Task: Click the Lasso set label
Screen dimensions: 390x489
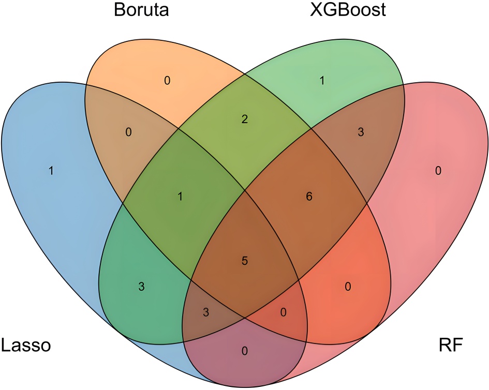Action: click(x=25, y=344)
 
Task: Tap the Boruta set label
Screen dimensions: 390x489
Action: click(x=141, y=10)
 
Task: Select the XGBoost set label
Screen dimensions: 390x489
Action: click(x=347, y=10)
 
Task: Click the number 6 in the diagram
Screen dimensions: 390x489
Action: click(x=309, y=197)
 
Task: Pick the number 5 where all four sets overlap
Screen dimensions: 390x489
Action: click(x=245, y=261)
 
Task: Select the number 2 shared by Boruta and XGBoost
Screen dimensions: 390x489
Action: click(x=245, y=119)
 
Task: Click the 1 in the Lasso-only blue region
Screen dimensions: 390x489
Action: click(x=51, y=171)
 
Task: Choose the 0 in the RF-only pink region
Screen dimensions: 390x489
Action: click(x=438, y=171)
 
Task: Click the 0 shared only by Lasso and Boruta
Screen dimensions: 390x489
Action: click(x=128, y=132)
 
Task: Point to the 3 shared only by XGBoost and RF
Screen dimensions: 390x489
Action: click(x=361, y=132)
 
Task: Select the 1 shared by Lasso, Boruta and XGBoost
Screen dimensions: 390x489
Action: click(x=180, y=197)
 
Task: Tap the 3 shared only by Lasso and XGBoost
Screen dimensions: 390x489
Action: click(x=141, y=286)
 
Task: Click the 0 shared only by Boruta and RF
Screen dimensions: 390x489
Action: click(x=348, y=286)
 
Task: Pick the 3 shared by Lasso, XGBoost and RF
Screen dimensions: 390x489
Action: click(x=206, y=312)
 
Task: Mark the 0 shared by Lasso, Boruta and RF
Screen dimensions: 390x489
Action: click(x=283, y=312)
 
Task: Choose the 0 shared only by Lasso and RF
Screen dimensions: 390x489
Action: click(x=245, y=351)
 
